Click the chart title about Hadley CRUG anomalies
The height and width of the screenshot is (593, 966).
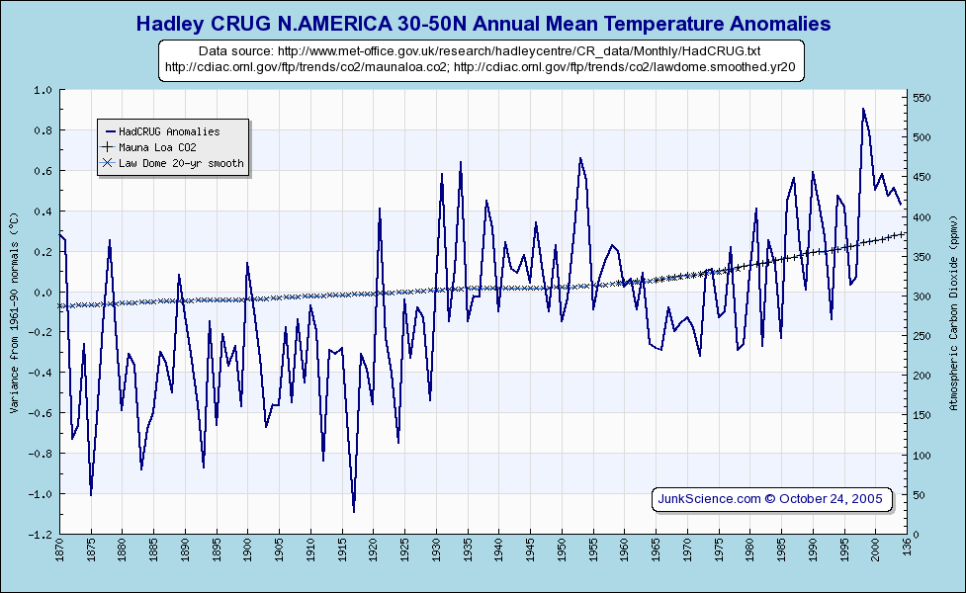pos(483,23)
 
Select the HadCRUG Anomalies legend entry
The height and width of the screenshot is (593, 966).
pos(169,130)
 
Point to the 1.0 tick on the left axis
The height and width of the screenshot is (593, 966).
pos(44,90)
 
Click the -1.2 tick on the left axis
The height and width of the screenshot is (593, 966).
pos(42,535)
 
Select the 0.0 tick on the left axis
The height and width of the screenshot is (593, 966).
pos(44,293)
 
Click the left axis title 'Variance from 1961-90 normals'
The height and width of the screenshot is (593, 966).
pos(14,310)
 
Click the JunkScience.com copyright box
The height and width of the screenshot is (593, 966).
pos(772,498)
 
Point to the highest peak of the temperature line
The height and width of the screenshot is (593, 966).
pos(862,109)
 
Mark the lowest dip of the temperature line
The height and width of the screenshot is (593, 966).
pos(354,512)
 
